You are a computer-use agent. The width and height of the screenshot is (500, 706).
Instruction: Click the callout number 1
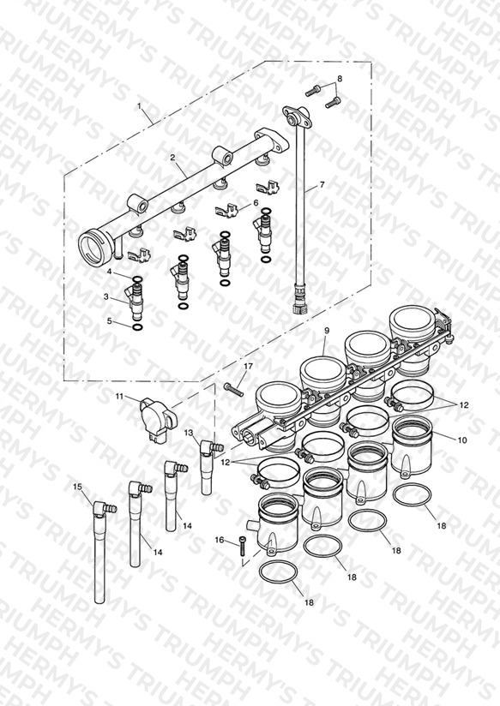tap(139, 105)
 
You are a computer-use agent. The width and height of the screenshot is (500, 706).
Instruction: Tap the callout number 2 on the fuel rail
tap(172, 157)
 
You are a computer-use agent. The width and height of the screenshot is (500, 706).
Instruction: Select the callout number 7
tap(322, 184)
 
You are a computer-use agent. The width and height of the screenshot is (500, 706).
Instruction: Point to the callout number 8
tap(340, 78)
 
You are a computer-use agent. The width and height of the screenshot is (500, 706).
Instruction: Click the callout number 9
tap(328, 331)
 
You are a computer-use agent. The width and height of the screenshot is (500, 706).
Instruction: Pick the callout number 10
tap(462, 440)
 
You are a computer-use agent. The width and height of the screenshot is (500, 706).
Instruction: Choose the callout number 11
tap(119, 396)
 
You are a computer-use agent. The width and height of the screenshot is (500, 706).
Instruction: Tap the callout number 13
tap(189, 433)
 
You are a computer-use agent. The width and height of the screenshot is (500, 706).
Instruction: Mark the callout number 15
tap(77, 487)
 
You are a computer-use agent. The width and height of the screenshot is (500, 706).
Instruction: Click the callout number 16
tap(220, 540)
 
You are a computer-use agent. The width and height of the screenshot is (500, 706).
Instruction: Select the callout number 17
tap(248, 367)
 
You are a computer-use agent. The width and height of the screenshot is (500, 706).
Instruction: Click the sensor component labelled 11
tap(158, 419)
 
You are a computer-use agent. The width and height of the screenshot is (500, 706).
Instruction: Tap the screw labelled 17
tap(233, 390)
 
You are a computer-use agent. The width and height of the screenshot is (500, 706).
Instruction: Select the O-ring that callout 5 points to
tap(137, 327)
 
